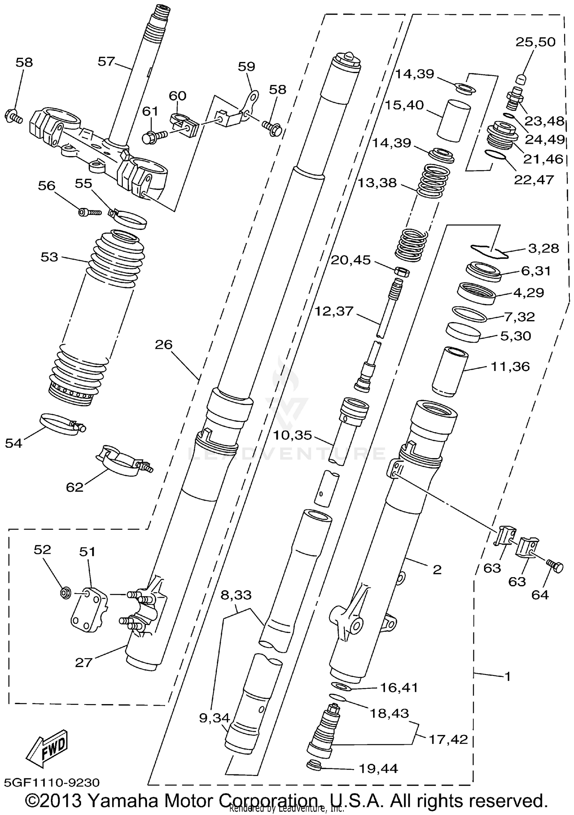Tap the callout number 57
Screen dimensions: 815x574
(106, 62)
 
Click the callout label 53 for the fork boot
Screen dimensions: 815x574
(49, 257)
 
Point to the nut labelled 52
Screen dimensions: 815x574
(65, 593)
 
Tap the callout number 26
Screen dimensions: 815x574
(164, 345)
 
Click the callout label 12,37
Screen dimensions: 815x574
(334, 311)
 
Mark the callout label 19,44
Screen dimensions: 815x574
(378, 768)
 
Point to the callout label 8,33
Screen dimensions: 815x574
(236, 595)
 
